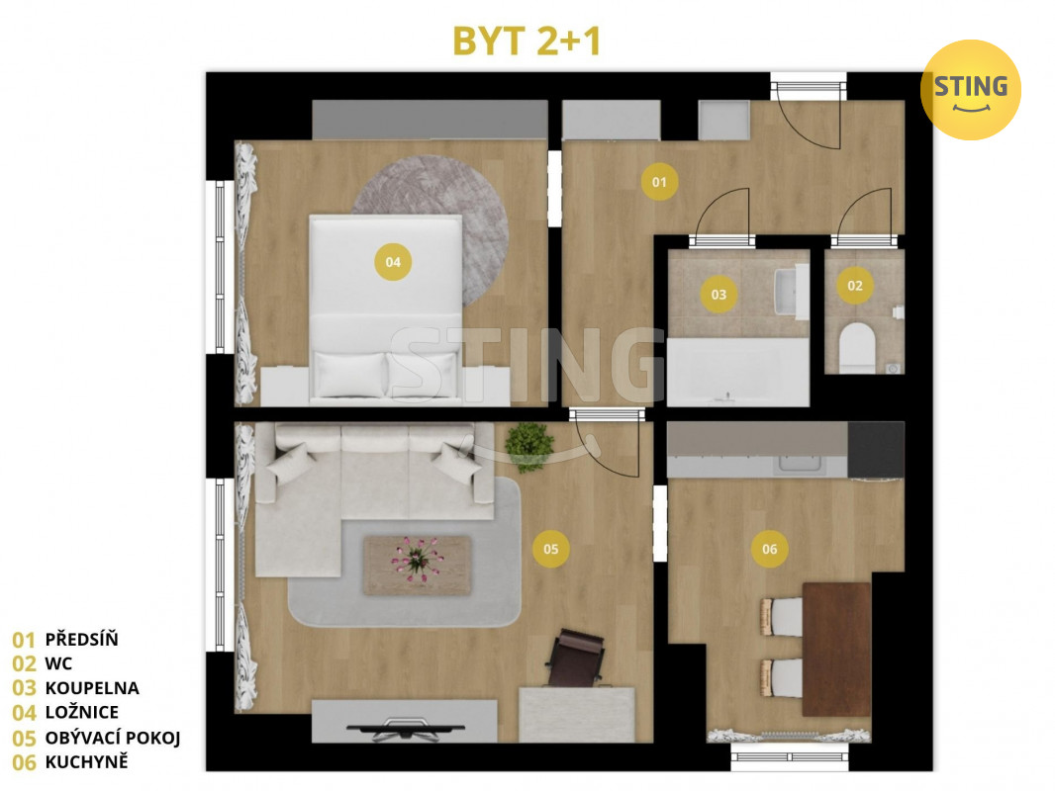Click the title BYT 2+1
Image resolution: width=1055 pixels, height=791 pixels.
pos(527,41)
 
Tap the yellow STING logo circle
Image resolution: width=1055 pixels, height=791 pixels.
pos(970,89)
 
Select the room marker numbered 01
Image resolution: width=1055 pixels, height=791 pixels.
pos(659,182)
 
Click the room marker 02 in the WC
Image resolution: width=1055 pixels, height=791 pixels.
pos(855,286)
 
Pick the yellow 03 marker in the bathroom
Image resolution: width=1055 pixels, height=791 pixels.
pos(719,295)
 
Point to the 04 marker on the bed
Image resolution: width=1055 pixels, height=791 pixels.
pos(393,262)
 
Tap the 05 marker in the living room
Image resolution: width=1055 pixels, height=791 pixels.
pos(551,549)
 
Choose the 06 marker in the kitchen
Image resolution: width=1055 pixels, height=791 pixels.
pos(770,549)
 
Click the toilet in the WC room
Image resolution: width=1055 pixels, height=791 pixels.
pos(857,347)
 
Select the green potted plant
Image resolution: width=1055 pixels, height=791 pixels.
pos(528,446)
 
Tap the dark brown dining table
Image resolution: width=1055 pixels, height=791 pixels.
pos(837,650)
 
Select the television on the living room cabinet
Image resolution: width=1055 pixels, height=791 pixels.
pos(405,729)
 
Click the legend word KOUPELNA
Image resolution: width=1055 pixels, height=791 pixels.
pos(92,688)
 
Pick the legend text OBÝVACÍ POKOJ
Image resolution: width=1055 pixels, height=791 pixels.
pos(113,738)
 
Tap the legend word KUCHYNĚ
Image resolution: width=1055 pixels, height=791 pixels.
pos(86,761)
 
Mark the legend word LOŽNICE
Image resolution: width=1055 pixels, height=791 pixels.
pos(81,712)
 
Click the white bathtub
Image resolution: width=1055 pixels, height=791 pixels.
pos(737,372)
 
